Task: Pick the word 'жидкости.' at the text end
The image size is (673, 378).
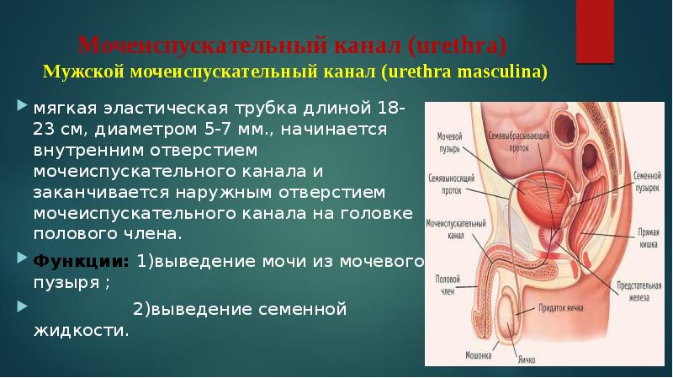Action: point(81,330)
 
